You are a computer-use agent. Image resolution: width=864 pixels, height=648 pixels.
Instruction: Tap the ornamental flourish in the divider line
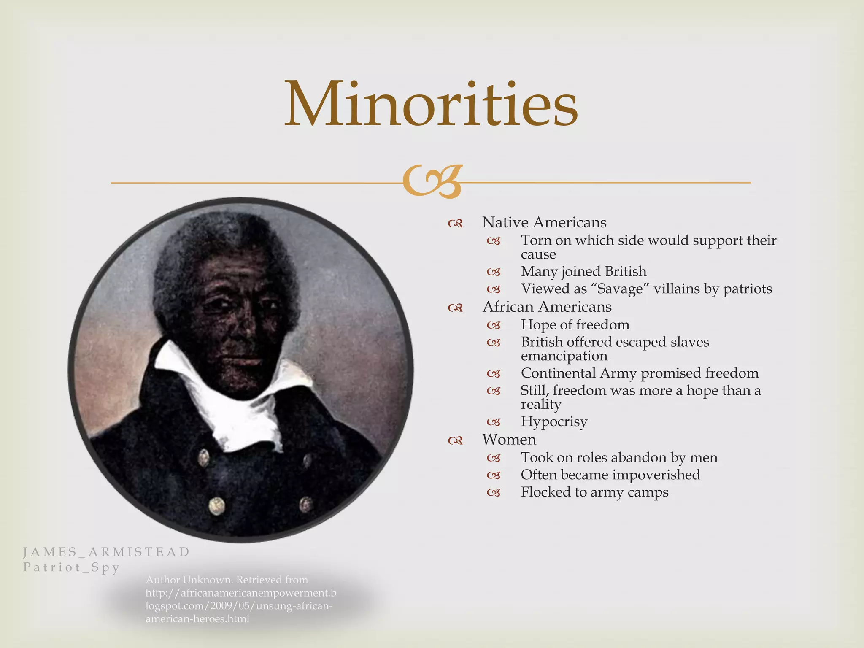point(432,182)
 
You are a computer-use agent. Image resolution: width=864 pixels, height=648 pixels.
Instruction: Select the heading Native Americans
point(544,222)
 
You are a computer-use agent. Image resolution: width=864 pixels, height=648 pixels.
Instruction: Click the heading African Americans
point(547,307)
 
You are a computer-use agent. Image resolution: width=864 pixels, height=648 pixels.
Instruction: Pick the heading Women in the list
point(509,440)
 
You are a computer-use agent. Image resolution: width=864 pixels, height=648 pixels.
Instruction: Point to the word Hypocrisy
point(554,421)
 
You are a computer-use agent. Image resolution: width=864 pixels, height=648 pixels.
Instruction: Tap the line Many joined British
point(583,271)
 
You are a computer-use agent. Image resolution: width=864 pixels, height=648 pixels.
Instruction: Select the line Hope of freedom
point(575,324)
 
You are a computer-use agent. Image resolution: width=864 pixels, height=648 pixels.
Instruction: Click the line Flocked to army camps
point(594,492)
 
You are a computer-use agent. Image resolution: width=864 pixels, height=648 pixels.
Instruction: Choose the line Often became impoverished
point(610,475)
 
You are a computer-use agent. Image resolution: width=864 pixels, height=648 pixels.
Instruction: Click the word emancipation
point(564,356)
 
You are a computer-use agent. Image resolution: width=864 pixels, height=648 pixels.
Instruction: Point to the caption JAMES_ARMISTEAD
point(106,552)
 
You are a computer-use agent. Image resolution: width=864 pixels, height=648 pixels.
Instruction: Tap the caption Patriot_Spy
point(71,567)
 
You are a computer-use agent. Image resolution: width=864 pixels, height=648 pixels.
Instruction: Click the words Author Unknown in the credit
point(189,580)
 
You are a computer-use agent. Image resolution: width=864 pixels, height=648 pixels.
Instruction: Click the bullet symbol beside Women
point(456,441)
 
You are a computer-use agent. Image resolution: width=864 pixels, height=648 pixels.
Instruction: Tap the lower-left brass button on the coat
point(217,505)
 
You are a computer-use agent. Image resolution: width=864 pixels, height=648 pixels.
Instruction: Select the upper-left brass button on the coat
point(204,457)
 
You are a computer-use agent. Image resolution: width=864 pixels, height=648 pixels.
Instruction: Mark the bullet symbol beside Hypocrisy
point(494,422)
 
